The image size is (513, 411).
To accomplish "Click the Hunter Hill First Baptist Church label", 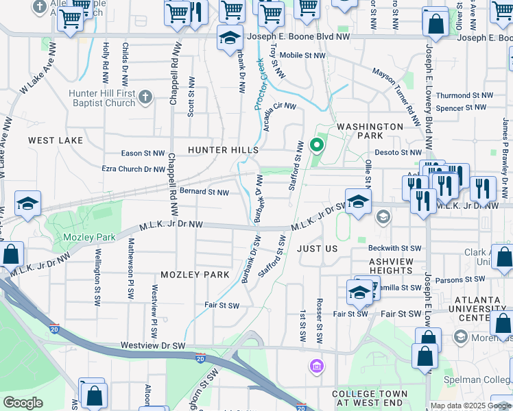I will pyautogui.click(x=102, y=97).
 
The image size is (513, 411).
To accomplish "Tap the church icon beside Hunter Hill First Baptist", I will pyautogui.click(x=144, y=97).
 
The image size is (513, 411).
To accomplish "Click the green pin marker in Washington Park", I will pyautogui.click(x=316, y=145).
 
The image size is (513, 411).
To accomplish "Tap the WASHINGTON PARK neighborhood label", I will pyautogui.click(x=370, y=132).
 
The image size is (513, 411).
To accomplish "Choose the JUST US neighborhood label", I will pyautogui.click(x=318, y=249).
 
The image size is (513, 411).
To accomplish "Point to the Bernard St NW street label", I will pyautogui.click(x=204, y=192).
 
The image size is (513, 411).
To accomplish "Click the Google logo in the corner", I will pyautogui.click(x=23, y=403).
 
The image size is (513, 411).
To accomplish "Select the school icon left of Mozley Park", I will pyautogui.click(x=27, y=203).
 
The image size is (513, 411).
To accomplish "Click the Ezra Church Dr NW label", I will pyautogui.click(x=133, y=169).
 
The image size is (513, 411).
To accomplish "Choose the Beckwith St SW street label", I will pyautogui.click(x=394, y=248).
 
